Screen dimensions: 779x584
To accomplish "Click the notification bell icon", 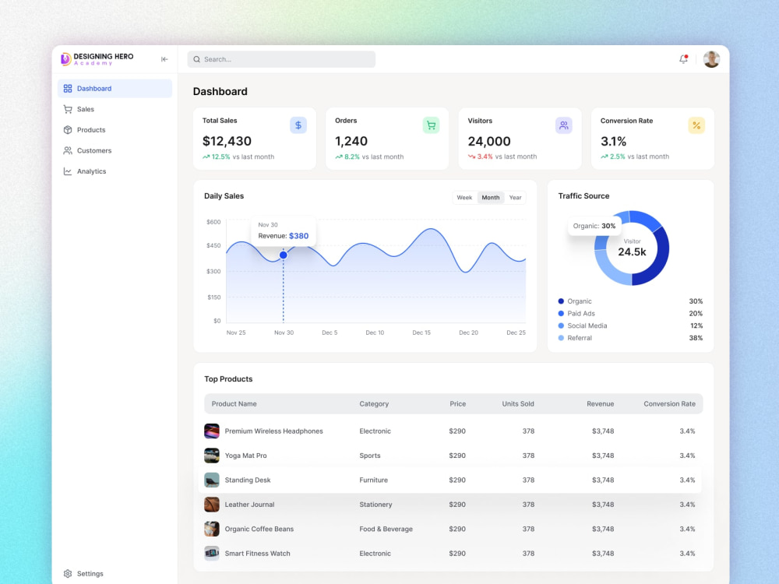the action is click(x=684, y=59).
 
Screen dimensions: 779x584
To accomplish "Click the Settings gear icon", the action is click(x=68, y=574).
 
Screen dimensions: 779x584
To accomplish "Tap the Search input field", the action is click(x=281, y=59).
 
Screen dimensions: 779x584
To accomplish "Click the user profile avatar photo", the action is click(x=711, y=59).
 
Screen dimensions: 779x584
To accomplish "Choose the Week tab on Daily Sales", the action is click(x=464, y=198).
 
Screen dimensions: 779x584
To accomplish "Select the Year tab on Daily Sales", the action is click(x=515, y=198).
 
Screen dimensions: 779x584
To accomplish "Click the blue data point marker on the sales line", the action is click(x=284, y=255).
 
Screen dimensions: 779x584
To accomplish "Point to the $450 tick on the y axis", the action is click(x=213, y=245).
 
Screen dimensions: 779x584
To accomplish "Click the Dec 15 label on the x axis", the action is click(x=421, y=332).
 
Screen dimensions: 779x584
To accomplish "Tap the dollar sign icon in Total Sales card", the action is click(x=298, y=125).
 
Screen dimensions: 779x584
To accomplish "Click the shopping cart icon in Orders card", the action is click(x=432, y=125).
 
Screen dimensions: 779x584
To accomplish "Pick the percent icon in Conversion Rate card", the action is click(x=696, y=125).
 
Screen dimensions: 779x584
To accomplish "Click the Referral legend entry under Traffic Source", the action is click(x=575, y=338).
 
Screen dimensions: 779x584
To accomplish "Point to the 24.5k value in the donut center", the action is click(x=632, y=252).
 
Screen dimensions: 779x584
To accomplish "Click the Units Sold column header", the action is click(x=518, y=403).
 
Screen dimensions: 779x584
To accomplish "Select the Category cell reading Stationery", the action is click(x=375, y=505).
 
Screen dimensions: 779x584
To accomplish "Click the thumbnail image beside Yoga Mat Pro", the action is click(x=212, y=456).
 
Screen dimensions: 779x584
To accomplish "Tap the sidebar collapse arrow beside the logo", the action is click(x=164, y=59).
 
